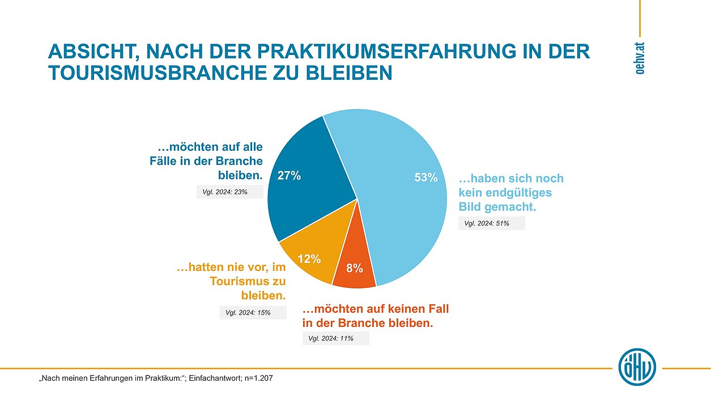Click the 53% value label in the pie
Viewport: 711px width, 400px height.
tap(426, 178)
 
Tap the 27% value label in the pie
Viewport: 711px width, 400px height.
tap(289, 176)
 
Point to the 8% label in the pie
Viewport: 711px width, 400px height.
tap(355, 269)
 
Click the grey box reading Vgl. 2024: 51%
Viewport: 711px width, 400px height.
tap(491, 223)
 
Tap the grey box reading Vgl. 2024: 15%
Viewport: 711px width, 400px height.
tap(253, 312)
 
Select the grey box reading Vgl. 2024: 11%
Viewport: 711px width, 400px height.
tap(335, 339)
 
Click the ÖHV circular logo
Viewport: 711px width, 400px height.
tap(637, 367)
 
